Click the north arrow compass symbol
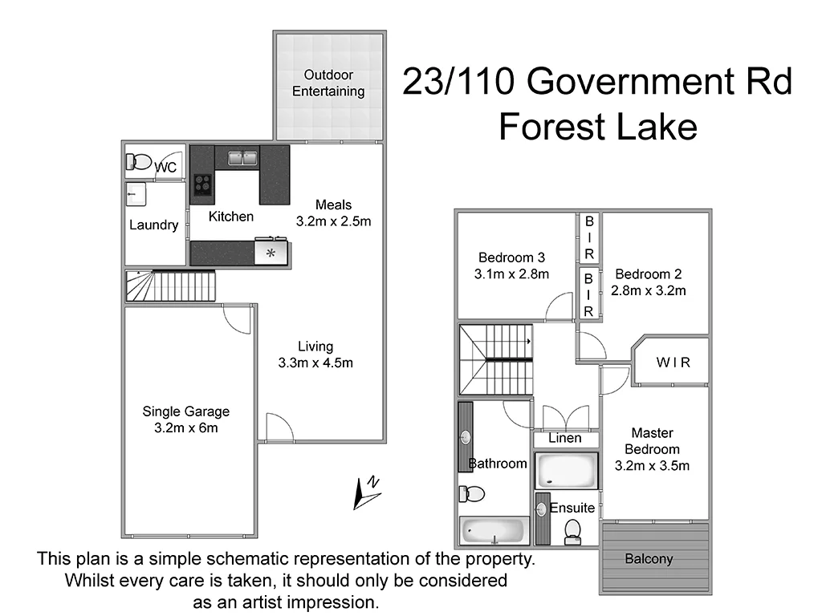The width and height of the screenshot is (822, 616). click(366, 492)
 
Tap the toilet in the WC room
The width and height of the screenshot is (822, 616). click(139, 162)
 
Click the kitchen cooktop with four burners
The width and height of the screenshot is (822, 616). click(202, 185)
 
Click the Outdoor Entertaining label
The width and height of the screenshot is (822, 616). click(328, 83)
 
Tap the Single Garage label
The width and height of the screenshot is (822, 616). click(185, 411)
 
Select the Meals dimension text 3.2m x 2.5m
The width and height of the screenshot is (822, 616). click(333, 221)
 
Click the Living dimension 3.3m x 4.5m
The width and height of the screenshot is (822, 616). click(315, 363)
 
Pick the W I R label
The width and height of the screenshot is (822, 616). click(673, 363)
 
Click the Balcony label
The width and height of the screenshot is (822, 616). click(649, 559)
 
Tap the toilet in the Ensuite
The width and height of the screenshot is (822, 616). click(573, 530)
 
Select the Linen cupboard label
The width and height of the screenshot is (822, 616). click(565, 439)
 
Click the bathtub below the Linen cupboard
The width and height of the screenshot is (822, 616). click(566, 470)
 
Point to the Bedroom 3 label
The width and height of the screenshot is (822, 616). click(511, 257)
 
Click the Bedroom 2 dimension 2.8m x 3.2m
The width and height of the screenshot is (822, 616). click(649, 291)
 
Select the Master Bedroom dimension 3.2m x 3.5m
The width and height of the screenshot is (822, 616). click(653, 465)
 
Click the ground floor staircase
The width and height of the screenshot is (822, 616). click(170, 286)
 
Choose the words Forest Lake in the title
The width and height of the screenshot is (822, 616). click(597, 127)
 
